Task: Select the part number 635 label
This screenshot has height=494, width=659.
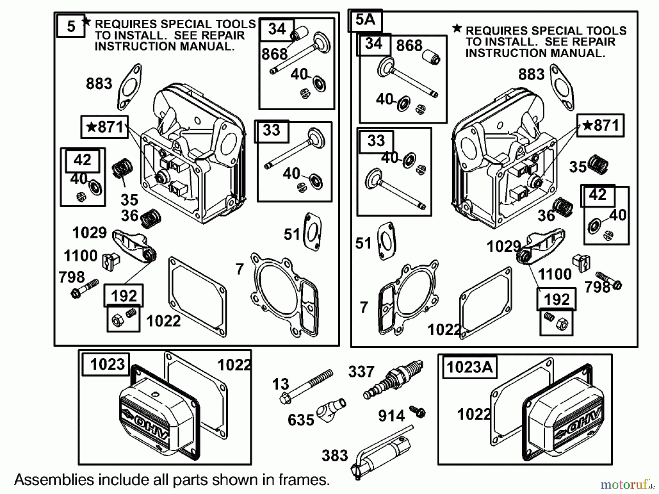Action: [x=301, y=420]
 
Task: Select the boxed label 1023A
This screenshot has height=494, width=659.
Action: [x=470, y=367]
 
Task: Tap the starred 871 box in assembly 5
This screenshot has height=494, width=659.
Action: [x=105, y=127]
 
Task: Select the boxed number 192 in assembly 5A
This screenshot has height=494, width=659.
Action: [x=556, y=299]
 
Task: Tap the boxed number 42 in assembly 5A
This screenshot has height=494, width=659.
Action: [x=597, y=195]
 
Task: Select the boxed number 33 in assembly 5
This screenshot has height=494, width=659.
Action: [x=271, y=130]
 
